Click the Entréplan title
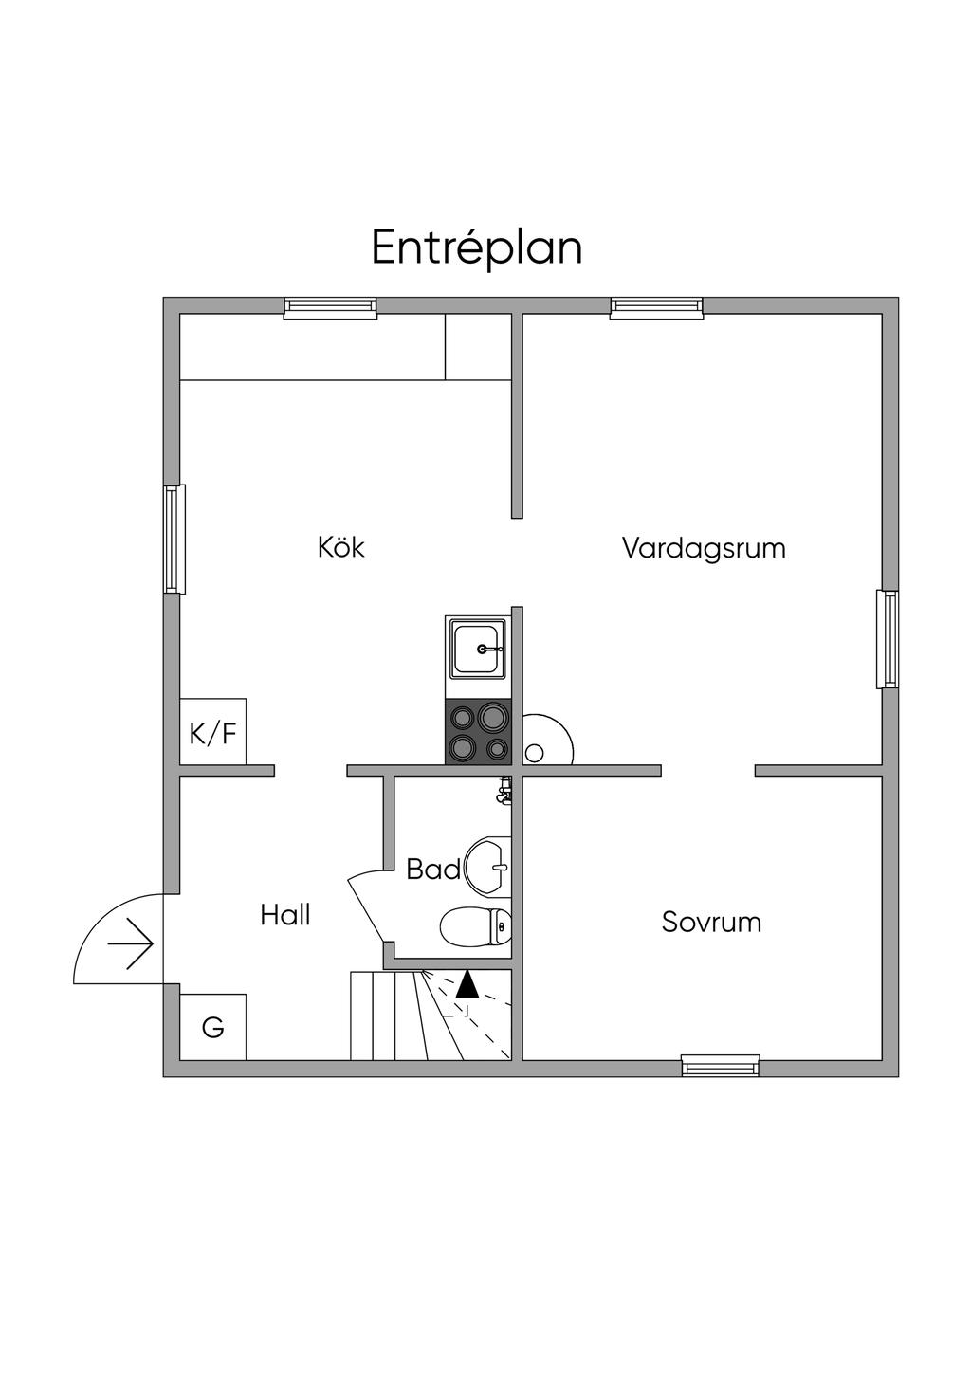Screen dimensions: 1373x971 (476, 248)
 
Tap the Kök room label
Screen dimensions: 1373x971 (341, 548)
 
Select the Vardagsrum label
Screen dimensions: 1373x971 (704, 548)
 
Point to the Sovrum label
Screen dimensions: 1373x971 (711, 923)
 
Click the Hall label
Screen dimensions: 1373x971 (285, 916)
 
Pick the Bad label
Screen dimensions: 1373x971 (433, 870)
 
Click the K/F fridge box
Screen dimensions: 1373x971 (213, 732)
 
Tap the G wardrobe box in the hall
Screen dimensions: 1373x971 (213, 1028)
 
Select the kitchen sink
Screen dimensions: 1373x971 (477, 649)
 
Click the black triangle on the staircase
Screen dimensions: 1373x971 (467, 983)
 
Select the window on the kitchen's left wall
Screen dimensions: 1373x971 (174, 539)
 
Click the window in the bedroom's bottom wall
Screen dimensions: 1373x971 (721, 1066)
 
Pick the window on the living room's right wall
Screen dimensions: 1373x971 (888, 639)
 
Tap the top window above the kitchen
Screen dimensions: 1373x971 (331, 306)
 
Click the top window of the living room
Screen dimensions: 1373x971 (656, 306)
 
